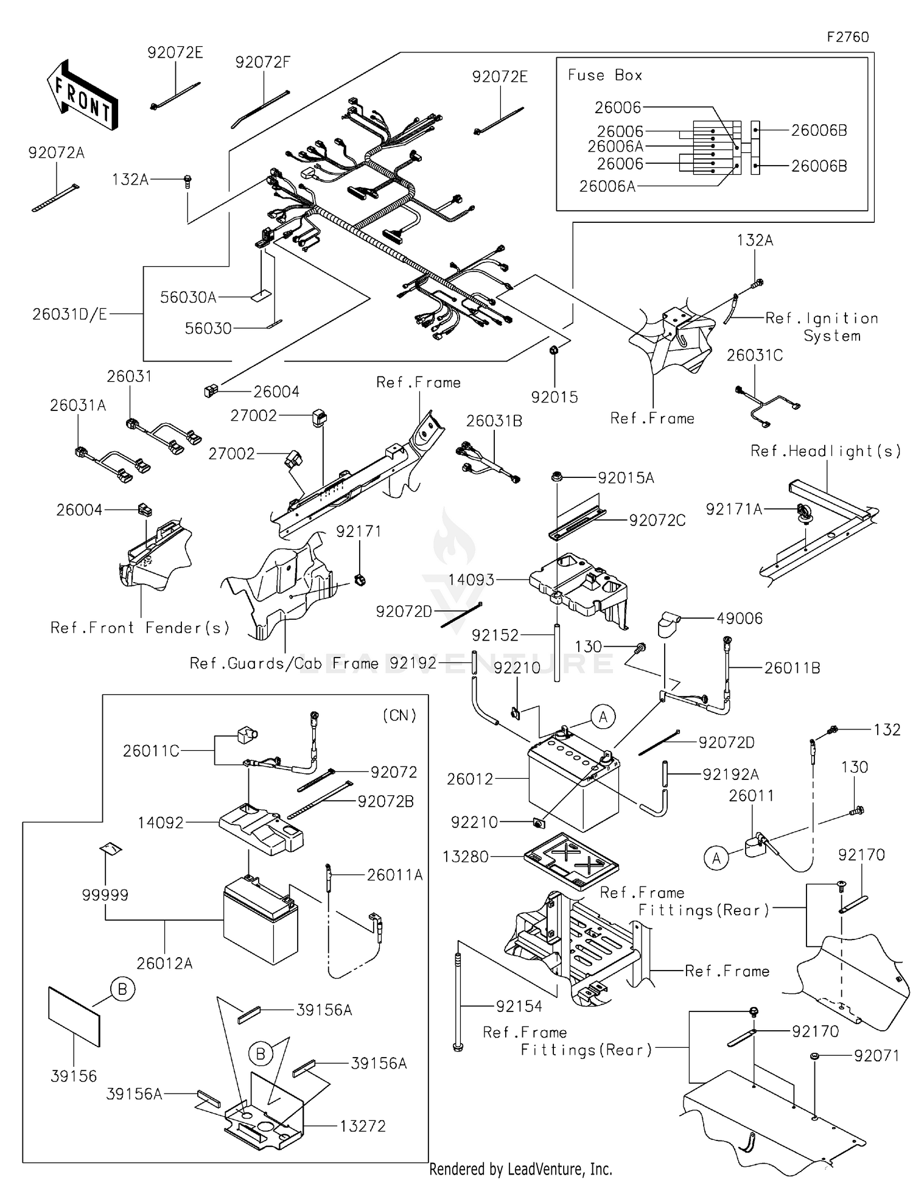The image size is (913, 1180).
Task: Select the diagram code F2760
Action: pos(847,37)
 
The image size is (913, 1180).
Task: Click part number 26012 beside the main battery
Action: pos(470,779)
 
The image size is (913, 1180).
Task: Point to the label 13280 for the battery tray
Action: pos(466,857)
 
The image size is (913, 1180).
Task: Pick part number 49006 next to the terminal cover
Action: pos(740,618)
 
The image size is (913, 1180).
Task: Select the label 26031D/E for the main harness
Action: pos(69,314)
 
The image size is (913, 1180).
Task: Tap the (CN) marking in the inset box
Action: pos(399,715)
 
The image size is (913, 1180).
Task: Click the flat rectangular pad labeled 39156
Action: pos(74,1016)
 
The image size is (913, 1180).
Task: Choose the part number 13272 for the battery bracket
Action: pos(363,1126)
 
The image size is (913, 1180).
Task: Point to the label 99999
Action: pos(105,894)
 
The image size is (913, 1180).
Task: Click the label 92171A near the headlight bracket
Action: pos(734,509)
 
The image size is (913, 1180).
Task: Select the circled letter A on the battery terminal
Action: pos(603,717)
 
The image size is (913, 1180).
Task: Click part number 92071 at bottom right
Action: pos(876,1055)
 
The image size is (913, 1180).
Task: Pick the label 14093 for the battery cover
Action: pos(471,580)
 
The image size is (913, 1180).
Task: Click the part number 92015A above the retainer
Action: pos(626,478)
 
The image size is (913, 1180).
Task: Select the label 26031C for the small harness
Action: pos(755,355)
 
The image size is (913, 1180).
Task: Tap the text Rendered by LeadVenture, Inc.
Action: pos(520,1168)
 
